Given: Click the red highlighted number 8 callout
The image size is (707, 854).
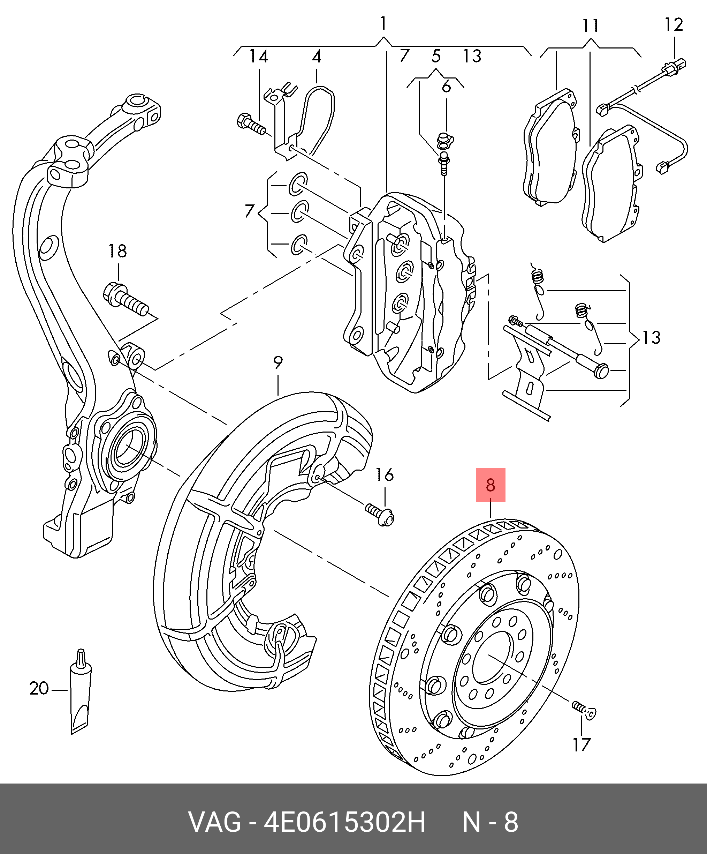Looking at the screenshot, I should point(491,485).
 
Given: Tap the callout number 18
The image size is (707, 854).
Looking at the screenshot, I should point(117,251).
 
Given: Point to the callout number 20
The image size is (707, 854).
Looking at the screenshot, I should point(39,689).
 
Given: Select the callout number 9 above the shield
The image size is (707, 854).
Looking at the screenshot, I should point(278,362).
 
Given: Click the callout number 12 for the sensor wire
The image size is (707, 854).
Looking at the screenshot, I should point(674,25).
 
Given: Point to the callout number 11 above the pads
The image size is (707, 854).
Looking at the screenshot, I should point(590,27).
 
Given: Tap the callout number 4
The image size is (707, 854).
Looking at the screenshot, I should point(317,57).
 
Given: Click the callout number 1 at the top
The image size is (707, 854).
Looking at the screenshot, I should point(383,24).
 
